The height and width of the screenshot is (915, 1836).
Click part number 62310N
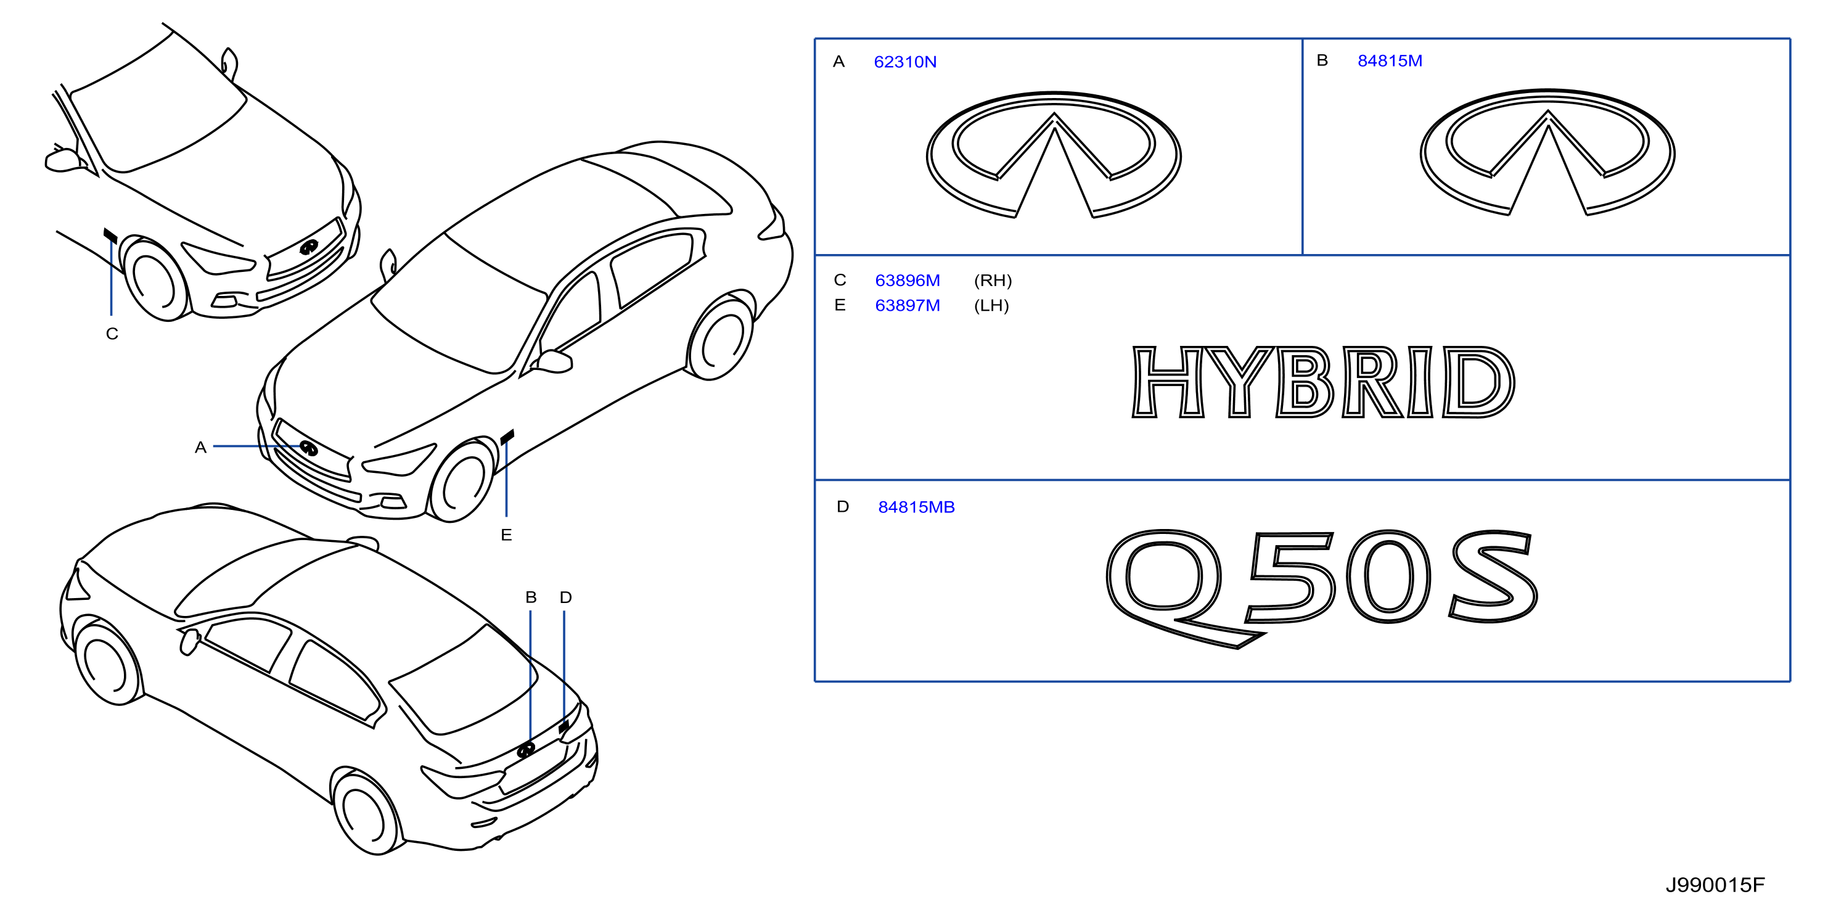click(904, 62)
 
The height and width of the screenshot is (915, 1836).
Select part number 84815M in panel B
click(1389, 60)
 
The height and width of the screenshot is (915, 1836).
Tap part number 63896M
click(908, 280)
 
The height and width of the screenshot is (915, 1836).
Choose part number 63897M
click(908, 305)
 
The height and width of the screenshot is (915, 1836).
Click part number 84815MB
click(916, 507)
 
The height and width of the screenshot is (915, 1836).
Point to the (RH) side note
click(993, 280)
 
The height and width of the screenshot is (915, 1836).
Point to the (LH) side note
click(991, 305)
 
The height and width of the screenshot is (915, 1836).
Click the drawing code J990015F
click(1715, 884)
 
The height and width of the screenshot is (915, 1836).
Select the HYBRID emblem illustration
click(1323, 381)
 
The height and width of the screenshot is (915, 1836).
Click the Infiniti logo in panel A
click(1054, 154)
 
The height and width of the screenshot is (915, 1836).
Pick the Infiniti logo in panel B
click(1547, 152)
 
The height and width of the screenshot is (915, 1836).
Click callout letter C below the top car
click(112, 334)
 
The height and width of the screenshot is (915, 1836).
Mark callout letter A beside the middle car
click(200, 447)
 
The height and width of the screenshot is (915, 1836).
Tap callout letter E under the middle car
click(506, 535)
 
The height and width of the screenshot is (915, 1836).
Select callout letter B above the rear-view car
click(531, 597)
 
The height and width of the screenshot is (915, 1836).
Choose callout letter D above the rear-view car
click(566, 597)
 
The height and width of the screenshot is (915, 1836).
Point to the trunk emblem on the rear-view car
click(526, 749)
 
